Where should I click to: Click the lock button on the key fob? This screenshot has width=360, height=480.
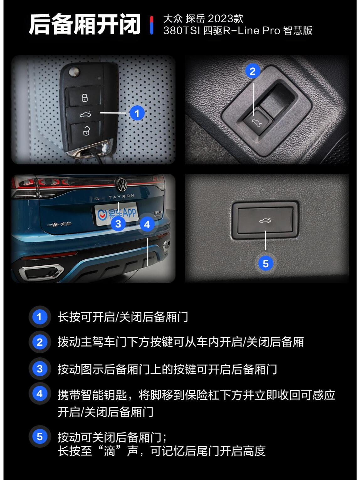pyautogui.click(x=85, y=98)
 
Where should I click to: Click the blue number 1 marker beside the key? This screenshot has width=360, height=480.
pyautogui.click(x=137, y=113)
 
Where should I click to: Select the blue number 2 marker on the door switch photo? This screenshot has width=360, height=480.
pyautogui.click(x=253, y=71)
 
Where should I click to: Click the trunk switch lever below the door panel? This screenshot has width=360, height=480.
pyautogui.click(x=257, y=123)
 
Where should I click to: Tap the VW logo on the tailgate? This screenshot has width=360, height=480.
pyautogui.click(x=121, y=185)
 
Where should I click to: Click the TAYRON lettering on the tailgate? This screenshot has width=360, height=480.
pyautogui.click(x=121, y=196)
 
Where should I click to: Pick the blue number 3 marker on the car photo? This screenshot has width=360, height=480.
pyautogui.click(x=118, y=224)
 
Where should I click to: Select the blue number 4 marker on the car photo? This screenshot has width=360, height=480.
pyautogui.click(x=147, y=224)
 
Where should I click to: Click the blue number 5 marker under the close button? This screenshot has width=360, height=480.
pyautogui.click(x=266, y=264)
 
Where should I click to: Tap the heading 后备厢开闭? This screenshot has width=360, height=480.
pyautogui.click(x=84, y=25)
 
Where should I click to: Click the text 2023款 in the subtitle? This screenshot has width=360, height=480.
pyautogui.click(x=230, y=19)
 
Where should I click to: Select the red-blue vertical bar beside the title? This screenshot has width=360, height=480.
pyautogui.click(x=152, y=25)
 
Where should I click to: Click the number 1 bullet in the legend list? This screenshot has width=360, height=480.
pyautogui.click(x=40, y=317)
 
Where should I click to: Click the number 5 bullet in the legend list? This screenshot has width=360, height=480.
pyautogui.click(x=40, y=436)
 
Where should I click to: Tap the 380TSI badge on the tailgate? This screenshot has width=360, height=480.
pyautogui.click(x=158, y=214)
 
